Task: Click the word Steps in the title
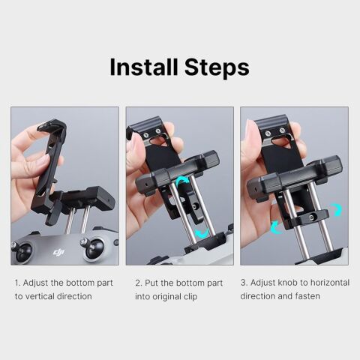click(x=214, y=67)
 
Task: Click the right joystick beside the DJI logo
click(x=94, y=248)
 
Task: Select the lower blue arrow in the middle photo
click(x=201, y=233)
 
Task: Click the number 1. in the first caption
click(x=18, y=283)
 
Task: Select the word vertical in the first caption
click(x=41, y=296)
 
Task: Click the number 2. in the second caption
click(x=138, y=283)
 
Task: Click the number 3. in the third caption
click(x=244, y=283)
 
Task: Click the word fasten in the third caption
click(x=307, y=296)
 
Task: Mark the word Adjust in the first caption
click(x=37, y=283)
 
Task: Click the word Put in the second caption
click(x=151, y=283)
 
